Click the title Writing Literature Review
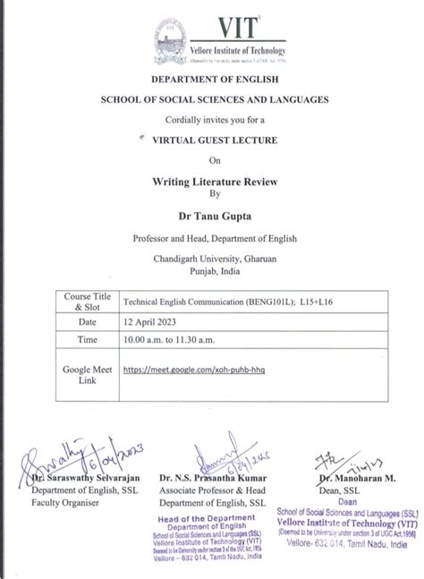point(212,182)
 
